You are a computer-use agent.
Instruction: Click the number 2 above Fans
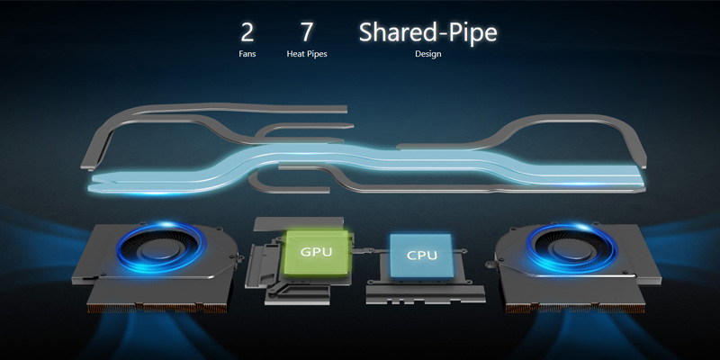[247, 33]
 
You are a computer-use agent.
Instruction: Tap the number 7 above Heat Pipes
[307, 33]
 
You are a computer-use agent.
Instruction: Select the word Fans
[247, 54]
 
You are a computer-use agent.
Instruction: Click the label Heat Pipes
[307, 54]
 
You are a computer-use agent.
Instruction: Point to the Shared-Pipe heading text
[427, 33]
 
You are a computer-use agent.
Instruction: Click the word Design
[427, 54]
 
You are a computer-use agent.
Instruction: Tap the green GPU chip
[315, 253]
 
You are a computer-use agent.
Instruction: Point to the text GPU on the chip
[315, 253]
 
